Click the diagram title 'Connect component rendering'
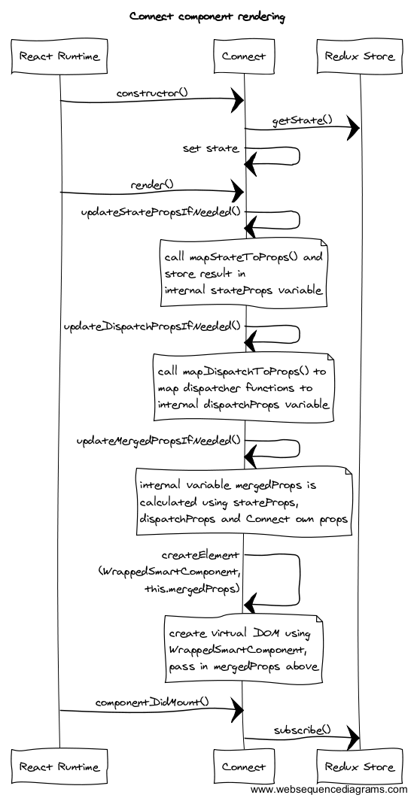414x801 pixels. click(x=207, y=17)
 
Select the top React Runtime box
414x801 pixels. click(x=59, y=56)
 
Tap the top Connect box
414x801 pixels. click(x=243, y=56)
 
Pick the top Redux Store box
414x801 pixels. click(x=360, y=56)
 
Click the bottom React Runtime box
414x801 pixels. click(x=59, y=766)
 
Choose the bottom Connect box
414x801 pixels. click(x=243, y=766)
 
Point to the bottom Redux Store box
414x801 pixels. click(x=360, y=766)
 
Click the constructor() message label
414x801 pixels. click(x=152, y=93)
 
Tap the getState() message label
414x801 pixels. click(x=302, y=120)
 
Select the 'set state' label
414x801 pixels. click(x=211, y=149)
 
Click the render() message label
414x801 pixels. click(x=152, y=184)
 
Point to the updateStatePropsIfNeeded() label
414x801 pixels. click(x=160, y=212)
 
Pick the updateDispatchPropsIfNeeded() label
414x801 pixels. click(x=152, y=326)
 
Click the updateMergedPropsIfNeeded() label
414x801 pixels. click(x=158, y=440)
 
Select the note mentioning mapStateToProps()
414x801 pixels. click(x=243, y=274)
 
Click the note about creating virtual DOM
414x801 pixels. click(x=243, y=649)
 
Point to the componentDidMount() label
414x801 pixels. click(x=152, y=702)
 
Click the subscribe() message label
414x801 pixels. click(x=302, y=730)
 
